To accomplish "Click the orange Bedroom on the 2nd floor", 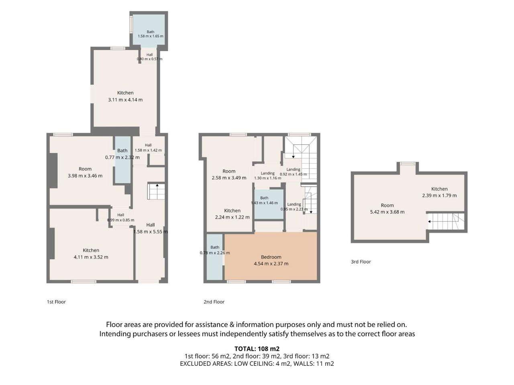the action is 271,256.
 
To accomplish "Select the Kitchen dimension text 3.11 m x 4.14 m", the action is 125,100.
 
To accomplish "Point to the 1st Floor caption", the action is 56,302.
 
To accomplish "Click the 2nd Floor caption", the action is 214,302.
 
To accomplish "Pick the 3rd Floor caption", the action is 361,261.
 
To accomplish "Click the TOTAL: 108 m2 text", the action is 257,349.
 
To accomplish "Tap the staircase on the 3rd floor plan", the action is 446,221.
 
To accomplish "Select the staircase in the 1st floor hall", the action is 156,191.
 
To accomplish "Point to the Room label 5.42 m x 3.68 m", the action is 387,209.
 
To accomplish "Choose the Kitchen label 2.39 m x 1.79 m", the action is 439,192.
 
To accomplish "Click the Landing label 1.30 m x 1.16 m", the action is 268,176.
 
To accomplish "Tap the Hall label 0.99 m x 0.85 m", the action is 120,217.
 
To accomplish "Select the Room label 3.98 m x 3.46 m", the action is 85,172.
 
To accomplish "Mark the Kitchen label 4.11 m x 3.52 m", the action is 91,253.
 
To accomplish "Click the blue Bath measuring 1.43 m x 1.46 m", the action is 269,204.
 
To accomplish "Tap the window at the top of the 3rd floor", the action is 408,164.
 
